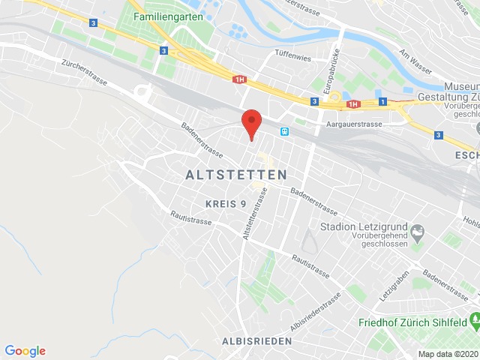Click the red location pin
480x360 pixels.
click(250, 123)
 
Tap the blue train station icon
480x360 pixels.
click(285, 131)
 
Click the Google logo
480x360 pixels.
click(25, 350)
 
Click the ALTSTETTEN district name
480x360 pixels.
click(235, 174)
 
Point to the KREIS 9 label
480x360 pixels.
click(226, 203)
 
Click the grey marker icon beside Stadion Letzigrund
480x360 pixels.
click(418, 230)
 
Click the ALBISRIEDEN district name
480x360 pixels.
click(256, 340)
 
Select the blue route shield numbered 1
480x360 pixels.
click(382, 101)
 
